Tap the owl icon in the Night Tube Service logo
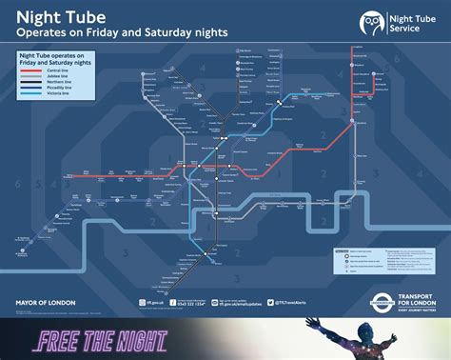coord(372,23)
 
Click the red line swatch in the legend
coord(32,70)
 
